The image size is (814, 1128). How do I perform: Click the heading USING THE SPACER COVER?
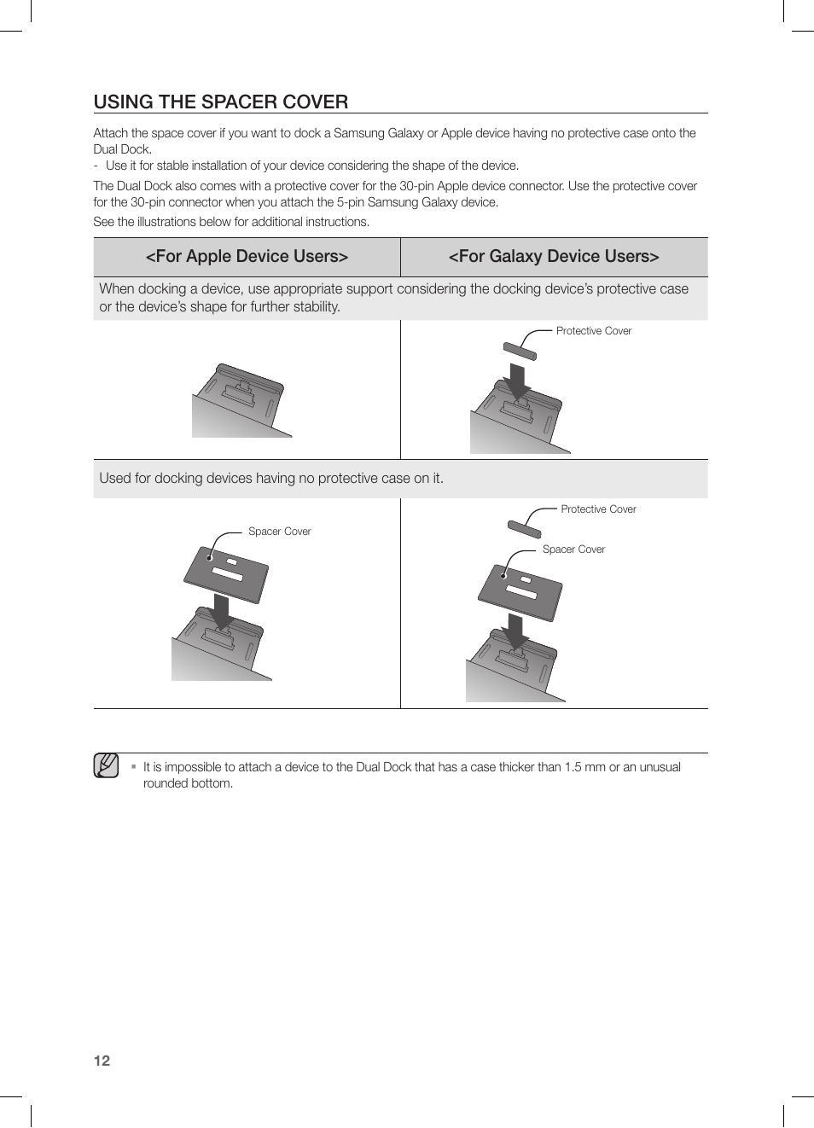click(220, 102)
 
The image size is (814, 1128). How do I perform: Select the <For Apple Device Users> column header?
click(247, 257)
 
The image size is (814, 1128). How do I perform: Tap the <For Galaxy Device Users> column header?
click(554, 257)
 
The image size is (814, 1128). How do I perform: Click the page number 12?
click(102, 1061)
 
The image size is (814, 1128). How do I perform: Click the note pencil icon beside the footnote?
click(106, 765)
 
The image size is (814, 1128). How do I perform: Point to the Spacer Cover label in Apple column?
click(279, 532)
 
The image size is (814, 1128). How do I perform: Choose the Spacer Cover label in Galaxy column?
click(573, 549)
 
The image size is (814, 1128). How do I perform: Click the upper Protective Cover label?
click(593, 331)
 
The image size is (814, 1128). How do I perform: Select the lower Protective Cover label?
click(598, 509)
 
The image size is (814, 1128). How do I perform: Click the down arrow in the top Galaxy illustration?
click(516, 381)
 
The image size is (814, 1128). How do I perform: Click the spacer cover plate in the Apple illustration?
click(226, 573)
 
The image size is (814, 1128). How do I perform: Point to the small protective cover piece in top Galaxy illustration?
click(519, 351)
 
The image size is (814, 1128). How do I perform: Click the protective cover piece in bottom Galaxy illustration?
click(524, 529)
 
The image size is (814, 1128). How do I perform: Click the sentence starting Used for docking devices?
click(271, 479)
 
